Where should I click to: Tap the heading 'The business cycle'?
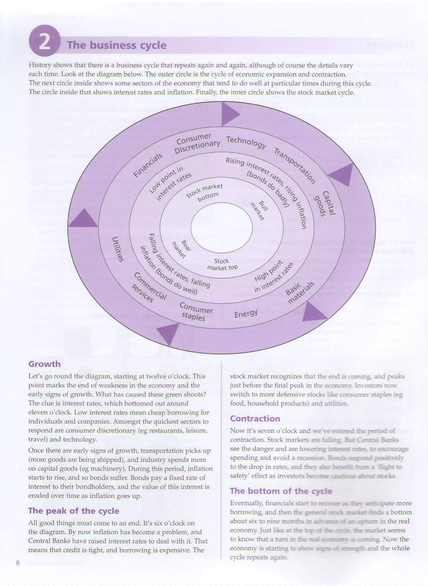tap(117, 45)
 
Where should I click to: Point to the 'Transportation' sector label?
tap(295, 166)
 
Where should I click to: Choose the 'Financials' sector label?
tap(148, 165)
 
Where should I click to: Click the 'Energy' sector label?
tap(246, 314)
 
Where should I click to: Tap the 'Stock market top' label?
tap(222, 264)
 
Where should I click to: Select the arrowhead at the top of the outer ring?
tap(229, 114)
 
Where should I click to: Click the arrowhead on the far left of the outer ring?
tap(83, 219)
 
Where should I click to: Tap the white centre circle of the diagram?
tap(222, 227)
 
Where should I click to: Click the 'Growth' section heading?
tap(44, 364)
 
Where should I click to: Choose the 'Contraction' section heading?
tap(255, 419)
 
